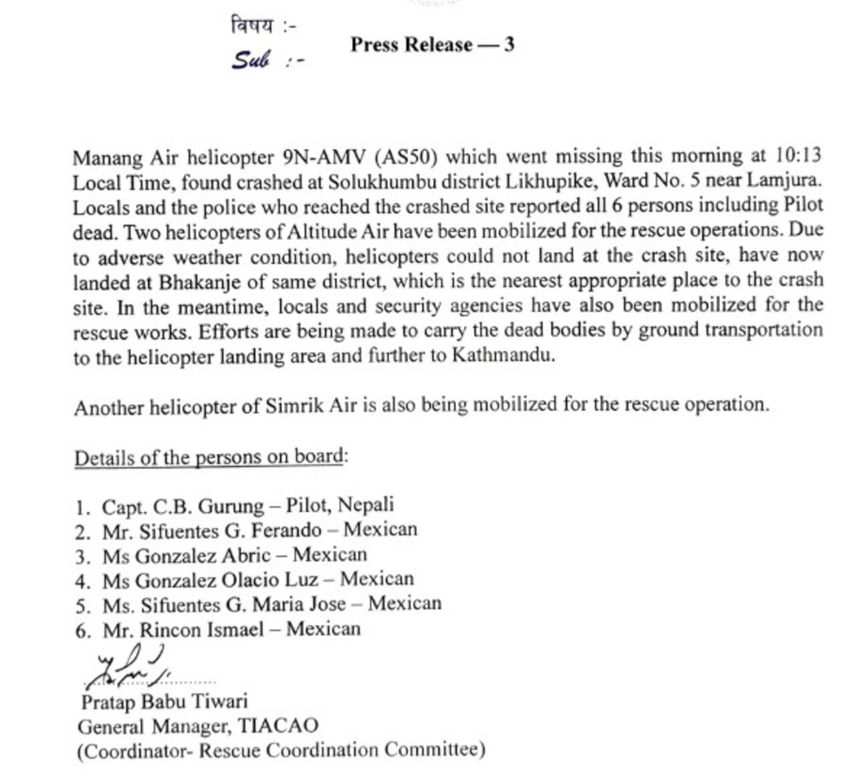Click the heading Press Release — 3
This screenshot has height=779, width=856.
click(432, 45)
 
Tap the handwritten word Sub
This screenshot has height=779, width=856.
click(250, 60)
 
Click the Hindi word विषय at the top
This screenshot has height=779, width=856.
click(252, 26)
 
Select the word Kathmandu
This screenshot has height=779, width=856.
click(502, 354)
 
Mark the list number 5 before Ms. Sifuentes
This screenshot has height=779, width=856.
click(82, 606)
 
